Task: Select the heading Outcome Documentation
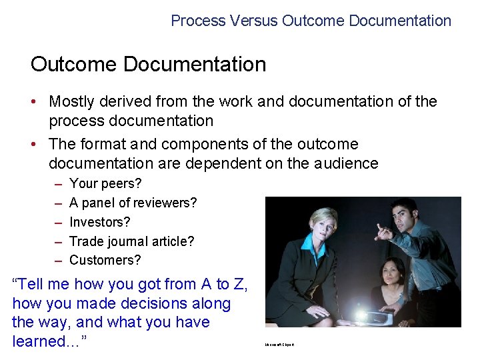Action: click(148, 65)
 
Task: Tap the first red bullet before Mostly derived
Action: click(39, 102)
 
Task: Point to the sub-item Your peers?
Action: click(105, 183)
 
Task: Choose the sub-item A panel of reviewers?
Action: click(133, 203)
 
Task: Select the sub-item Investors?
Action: click(100, 222)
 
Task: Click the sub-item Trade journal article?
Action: click(131, 241)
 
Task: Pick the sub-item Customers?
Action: click(105, 260)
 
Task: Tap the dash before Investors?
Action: click(59, 222)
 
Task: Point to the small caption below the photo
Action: click(279, 344)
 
